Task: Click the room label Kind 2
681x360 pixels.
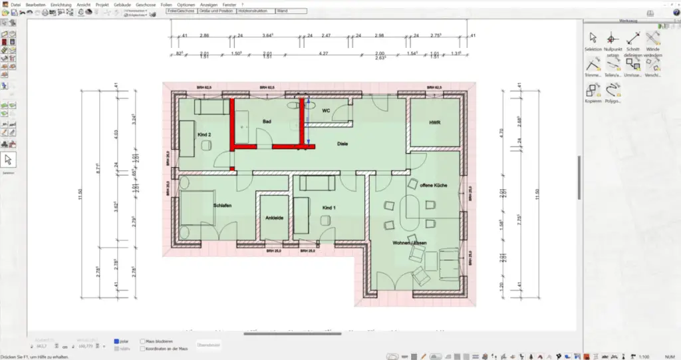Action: coord(204,135)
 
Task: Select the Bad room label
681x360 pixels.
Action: coord(267,122)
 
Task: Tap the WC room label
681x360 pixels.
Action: coord(326,110)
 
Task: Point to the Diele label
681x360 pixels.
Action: coord(342,143)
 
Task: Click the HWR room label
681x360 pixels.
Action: coord(435,123)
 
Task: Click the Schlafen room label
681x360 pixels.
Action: coord(222,206)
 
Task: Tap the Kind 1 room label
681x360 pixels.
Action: coord(329,208)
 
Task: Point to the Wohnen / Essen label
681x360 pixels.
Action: coord(409,243)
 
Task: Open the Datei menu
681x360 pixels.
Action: coord(16,4)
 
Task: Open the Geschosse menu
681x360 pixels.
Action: coord(145,4)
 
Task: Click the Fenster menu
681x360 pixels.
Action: coord(229,4)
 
